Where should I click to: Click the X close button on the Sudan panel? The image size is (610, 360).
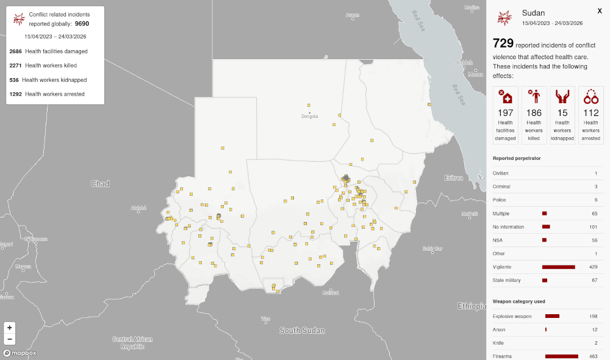[599, 10]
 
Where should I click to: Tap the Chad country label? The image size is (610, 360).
[99, 184]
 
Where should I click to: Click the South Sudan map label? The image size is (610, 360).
[302, 331]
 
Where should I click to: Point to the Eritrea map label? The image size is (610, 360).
[454, 178]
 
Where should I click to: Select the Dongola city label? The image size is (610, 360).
[310, 117]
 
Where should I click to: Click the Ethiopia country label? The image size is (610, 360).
[472, 306]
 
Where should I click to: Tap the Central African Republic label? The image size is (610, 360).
[132, 343]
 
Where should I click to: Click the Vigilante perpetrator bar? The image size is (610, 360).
[558, 267]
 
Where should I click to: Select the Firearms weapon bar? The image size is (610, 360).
[561, 356]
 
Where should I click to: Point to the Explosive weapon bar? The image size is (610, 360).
[552, 316]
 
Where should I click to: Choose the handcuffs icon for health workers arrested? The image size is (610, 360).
[590, 96]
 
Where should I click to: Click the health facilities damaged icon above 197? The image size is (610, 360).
[505, 96]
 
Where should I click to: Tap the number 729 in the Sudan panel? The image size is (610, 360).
[503, 43]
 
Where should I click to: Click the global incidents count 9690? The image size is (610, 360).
[82, 24]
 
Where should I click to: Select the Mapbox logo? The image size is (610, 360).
[20, 353]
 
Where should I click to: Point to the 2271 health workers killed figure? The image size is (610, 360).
[16, 65]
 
